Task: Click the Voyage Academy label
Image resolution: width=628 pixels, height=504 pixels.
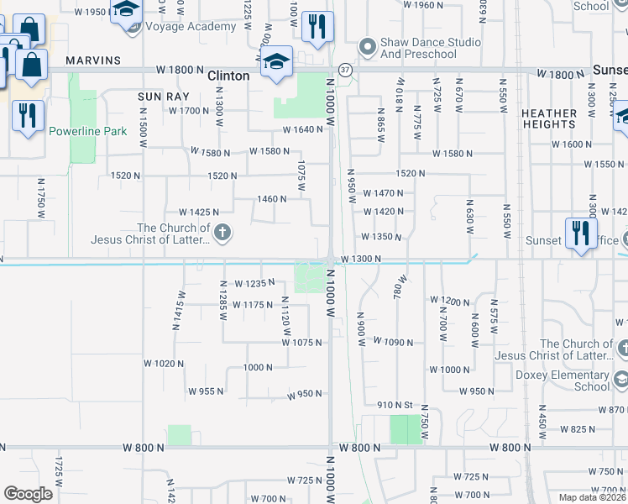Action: click(x=191, y=27)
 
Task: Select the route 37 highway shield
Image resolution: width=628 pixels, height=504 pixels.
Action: click(x=345, y=68)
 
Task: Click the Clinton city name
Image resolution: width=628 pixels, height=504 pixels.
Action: click(x=228, y=76)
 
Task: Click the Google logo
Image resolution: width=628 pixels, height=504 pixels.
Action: click(x=29, y=494)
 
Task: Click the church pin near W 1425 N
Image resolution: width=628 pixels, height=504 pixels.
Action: click(x=222, y=233)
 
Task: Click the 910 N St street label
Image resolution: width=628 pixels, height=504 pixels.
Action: click(x=396, y=404)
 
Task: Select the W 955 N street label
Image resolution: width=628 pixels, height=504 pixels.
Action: click(x=206, y=391)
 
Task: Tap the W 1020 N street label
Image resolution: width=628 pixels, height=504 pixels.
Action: click(x=163, y=364)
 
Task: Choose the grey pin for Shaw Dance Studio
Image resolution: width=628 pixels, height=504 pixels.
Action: click(x=365, y=45)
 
